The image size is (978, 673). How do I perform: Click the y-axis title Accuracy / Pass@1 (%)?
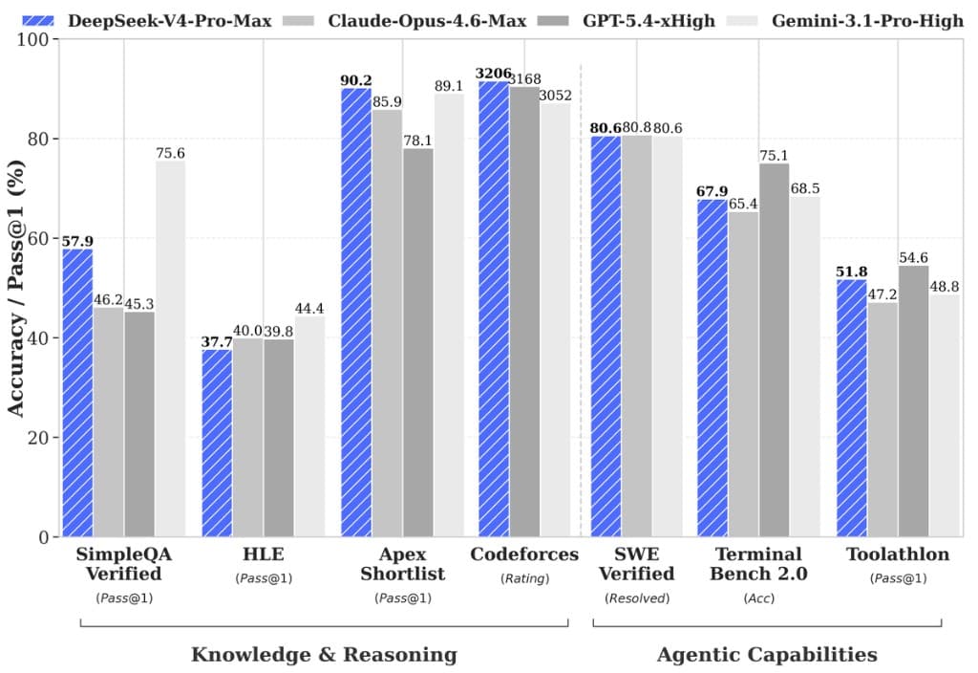16,288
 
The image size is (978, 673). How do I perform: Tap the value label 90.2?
356,80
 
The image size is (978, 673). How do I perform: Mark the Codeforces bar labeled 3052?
556,320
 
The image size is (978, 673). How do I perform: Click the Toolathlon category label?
898,554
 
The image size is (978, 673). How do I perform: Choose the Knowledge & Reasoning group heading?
324,655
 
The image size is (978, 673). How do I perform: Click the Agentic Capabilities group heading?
766,655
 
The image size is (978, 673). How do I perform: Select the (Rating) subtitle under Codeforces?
524,578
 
